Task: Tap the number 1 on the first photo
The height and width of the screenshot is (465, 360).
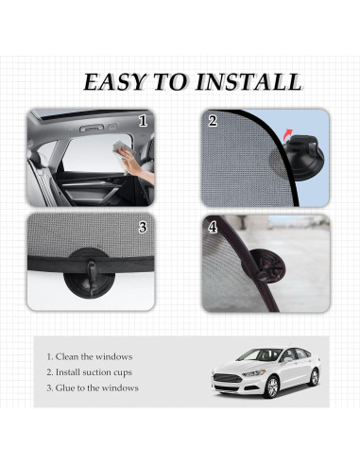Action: (x=144, y=121)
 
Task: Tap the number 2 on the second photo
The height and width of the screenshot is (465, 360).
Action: (x=214, y=121)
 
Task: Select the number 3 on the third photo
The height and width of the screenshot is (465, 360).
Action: (x=143, y=227)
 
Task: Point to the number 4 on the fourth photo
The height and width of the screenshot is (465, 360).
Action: (x=214, y=228)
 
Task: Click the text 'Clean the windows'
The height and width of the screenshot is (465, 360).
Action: (x=90, y=356)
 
